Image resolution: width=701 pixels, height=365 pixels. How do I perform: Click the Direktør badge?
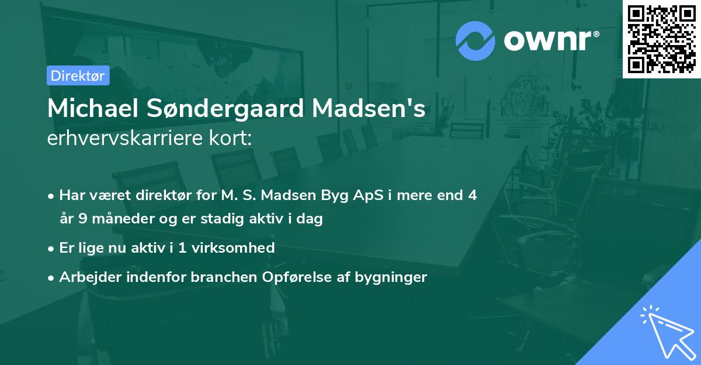78,75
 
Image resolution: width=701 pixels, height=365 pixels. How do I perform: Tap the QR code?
662,39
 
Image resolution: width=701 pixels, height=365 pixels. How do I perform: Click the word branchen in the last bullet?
216,277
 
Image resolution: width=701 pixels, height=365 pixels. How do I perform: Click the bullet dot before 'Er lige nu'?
52,248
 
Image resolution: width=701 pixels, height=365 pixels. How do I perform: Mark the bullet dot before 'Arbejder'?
52,277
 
